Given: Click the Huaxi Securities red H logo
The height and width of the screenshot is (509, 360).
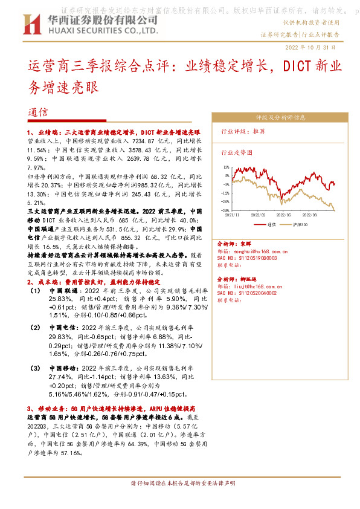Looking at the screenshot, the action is point(31,25).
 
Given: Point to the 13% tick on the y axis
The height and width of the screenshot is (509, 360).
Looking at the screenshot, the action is point(225,166).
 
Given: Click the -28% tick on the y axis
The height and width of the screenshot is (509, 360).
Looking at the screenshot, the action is point(225,210).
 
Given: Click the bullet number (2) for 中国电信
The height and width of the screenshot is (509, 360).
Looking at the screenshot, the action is point(36,327).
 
